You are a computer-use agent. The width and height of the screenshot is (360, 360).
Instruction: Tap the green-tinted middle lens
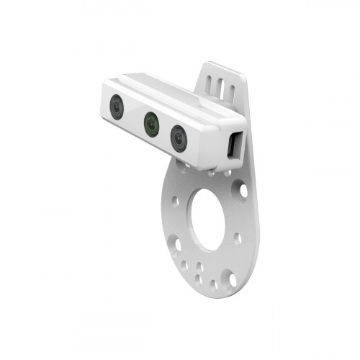(x=151, y=124)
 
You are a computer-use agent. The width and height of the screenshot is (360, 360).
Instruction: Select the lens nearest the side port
(x=179, y=137)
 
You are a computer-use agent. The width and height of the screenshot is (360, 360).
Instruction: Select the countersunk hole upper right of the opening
(x=243, y=191)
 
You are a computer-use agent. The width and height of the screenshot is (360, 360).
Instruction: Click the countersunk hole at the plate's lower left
(x=176, y=244)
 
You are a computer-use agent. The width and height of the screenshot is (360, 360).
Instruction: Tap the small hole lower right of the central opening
(x=237, y=238)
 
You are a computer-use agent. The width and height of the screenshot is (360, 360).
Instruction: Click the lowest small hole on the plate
(x=213, y=285)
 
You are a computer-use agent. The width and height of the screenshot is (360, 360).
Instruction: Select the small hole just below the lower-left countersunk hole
(x=184, y=265)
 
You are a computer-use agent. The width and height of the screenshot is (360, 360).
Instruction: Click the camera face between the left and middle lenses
(x=134, y=116)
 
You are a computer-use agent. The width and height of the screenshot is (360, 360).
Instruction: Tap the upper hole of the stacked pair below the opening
(x=199, y=266)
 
